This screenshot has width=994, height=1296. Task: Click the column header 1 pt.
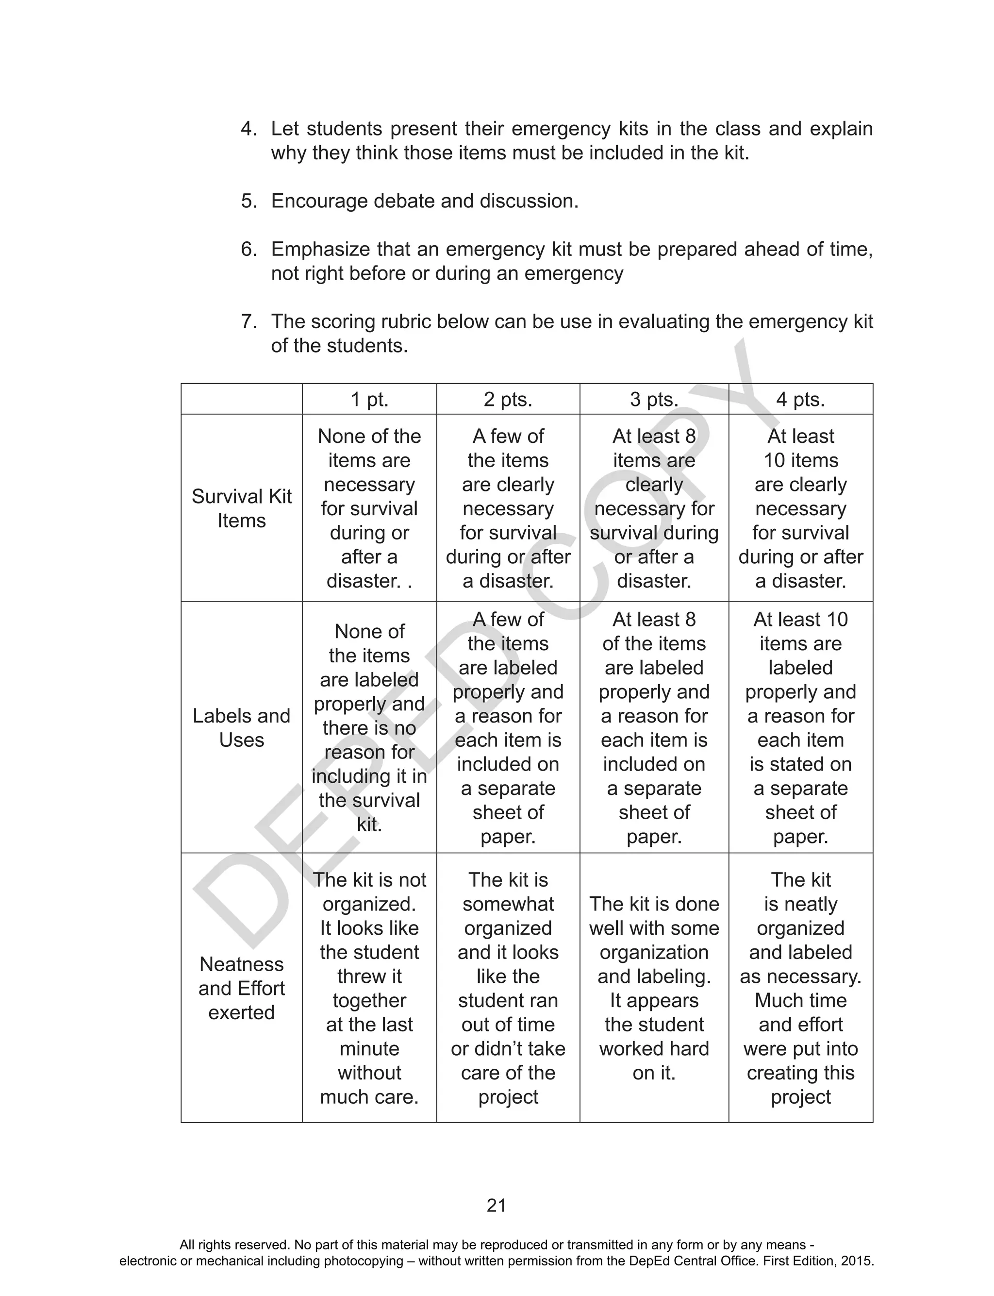pos(369,400)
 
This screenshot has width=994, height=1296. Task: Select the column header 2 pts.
pos(508,400)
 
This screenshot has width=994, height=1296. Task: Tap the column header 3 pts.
pos(654,400)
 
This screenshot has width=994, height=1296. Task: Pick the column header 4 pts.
pos(800,400)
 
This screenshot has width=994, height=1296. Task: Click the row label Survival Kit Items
pos(241,508)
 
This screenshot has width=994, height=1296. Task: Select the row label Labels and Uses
pos(241,728)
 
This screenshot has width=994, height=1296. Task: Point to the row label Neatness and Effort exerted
pos(241,988)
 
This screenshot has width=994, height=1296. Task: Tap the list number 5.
pos(248,201)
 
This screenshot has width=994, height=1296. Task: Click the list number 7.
pos(248,321)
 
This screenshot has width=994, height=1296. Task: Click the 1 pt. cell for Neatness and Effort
pos(369,988)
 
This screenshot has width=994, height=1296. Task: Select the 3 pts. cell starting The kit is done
pos(654,976)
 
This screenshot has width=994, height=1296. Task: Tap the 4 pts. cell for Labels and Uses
pos(800,728)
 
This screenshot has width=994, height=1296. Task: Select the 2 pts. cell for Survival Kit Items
pos(508,508)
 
